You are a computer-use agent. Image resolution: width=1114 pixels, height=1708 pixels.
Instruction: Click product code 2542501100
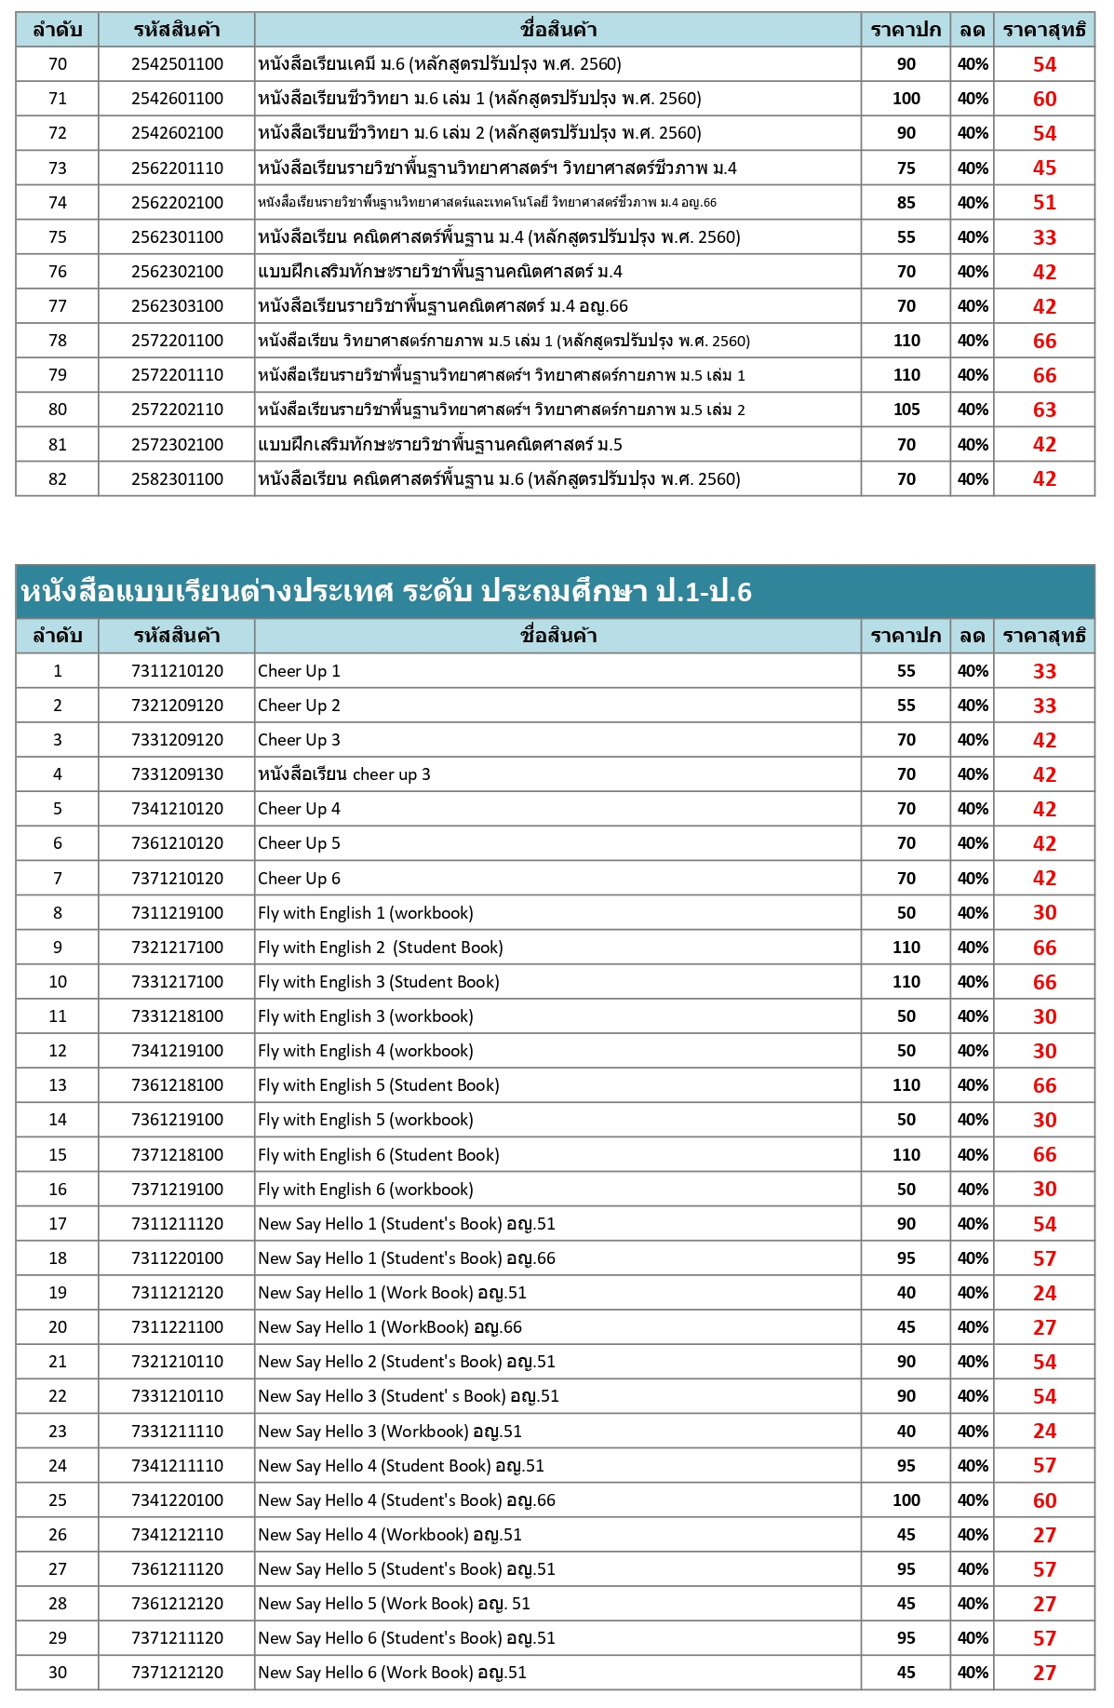177,64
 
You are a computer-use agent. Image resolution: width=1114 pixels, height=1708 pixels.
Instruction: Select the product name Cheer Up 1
299,671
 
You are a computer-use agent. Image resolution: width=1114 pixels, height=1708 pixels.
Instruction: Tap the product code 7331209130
177,774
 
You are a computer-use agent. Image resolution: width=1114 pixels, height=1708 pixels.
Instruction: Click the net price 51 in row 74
1044,203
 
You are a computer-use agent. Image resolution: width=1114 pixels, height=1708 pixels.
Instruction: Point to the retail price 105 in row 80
906,410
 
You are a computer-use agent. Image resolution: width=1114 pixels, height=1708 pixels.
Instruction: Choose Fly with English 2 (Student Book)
380,948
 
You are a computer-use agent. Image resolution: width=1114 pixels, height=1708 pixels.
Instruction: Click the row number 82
58,479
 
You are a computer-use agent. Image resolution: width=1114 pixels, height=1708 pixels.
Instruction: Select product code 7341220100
177,1500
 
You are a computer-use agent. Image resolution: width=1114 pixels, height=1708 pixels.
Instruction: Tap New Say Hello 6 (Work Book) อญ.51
392,1673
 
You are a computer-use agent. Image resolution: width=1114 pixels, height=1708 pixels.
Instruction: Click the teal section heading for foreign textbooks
385,591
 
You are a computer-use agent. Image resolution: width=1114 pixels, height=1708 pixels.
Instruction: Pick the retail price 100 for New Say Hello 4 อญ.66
906,1500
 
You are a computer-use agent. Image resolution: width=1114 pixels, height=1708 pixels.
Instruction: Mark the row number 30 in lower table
58,1673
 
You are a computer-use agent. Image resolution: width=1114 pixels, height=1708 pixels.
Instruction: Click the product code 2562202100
177,203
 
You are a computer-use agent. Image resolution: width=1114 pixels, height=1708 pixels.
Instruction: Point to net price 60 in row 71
1044,99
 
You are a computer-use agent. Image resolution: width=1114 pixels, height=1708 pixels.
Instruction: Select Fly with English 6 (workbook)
365,1190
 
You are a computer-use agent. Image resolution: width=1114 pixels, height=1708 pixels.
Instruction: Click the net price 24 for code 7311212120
1044,1293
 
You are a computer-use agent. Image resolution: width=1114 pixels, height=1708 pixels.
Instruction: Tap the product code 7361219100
177,1120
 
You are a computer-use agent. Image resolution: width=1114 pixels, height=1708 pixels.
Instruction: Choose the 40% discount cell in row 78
973,341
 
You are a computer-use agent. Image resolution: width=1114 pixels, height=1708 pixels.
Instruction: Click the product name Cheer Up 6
299,879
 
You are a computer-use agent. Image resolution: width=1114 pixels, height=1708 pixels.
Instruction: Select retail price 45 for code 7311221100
906,1327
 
